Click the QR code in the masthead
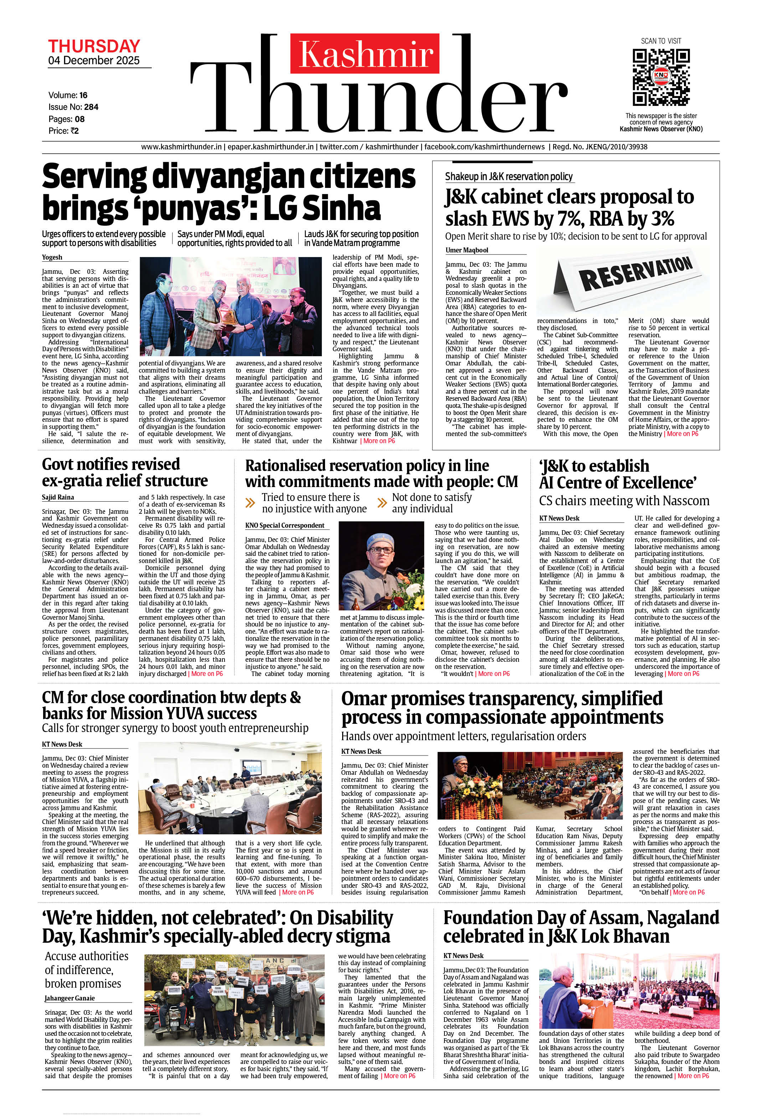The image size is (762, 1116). coord(661,77)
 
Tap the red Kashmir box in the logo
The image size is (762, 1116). coord(365,53)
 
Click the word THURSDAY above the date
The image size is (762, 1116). coord(94,47)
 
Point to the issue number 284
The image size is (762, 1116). coord(91,107)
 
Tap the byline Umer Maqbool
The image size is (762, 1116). coord(467,250)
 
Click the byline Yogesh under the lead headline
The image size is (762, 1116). coord(52,257)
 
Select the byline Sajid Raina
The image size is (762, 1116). coord(58,497)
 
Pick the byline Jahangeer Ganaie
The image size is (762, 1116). coord(69,998)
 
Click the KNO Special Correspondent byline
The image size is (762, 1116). coord(285,525)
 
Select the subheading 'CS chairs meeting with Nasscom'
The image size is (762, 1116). coord(624,501)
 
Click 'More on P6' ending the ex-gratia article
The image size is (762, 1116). coord(207,674)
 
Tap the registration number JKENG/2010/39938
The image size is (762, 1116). coord(600,147)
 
